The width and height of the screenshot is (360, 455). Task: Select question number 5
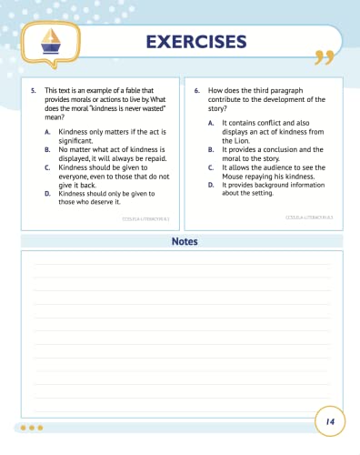pos(34,91)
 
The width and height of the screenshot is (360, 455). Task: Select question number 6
pos(197,91)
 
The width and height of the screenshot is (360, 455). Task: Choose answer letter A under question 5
pos(47,132)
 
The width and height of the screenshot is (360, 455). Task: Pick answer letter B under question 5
pos(47,148)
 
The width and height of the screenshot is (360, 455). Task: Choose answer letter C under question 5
pos(47,167)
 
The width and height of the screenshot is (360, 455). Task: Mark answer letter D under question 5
pos(47,194)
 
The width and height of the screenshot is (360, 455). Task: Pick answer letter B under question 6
pos(210,148)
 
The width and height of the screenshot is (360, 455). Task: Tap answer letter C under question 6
pos(210,167)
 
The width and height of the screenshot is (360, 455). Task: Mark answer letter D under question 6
pos(210,185)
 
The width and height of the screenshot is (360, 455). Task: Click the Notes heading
pos(185,242)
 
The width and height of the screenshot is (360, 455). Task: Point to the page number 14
pos(329,421)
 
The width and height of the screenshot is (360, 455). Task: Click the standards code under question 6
pos(310,217)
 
